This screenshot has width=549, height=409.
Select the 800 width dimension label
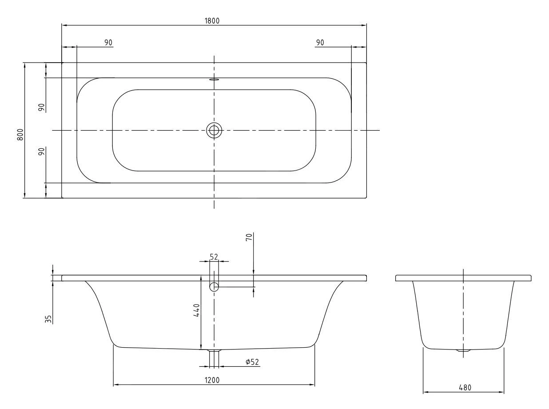pos(20,134)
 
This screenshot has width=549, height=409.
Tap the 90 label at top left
pos(108,42)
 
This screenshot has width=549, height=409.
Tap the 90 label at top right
pos(319,42)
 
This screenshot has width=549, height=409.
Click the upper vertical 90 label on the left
pos(41,107)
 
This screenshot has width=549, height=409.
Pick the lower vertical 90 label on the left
pos(41,152)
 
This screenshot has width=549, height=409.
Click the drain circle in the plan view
pos(214,130)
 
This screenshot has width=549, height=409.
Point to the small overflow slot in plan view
pos(214,80)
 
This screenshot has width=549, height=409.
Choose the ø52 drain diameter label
pos(252,362)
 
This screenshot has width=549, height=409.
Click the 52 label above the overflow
pos(214,257)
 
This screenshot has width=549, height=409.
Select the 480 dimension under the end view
pos(465,387)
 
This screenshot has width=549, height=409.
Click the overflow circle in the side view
pos(214,286)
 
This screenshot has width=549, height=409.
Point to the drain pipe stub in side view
pos(214,357)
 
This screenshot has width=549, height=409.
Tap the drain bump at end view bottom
pos(463,351)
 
